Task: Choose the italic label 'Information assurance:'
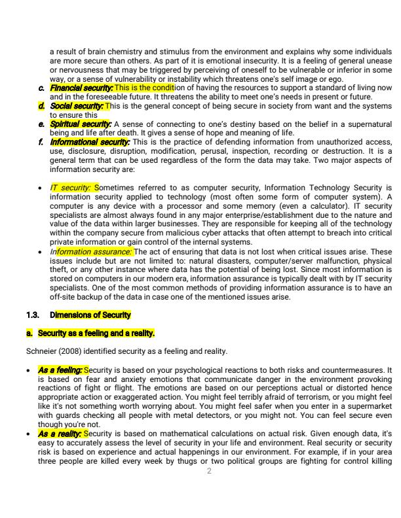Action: tap(92, 251)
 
